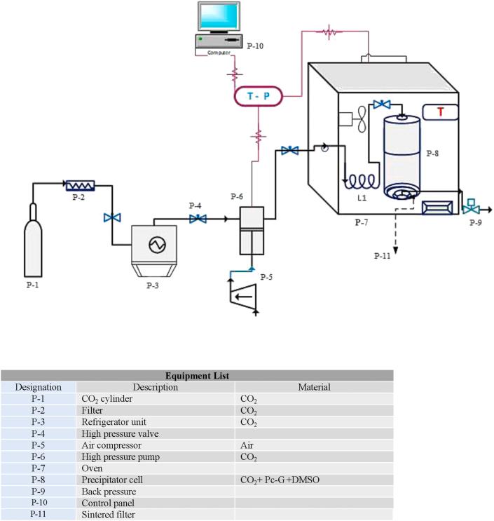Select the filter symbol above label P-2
tap(81, 186)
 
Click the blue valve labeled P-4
tap(198, 219)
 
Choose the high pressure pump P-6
tap(252, 229)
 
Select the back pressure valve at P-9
tap(472, 208)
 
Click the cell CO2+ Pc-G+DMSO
tap(282, 480)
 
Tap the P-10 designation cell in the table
tap(39, 503)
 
